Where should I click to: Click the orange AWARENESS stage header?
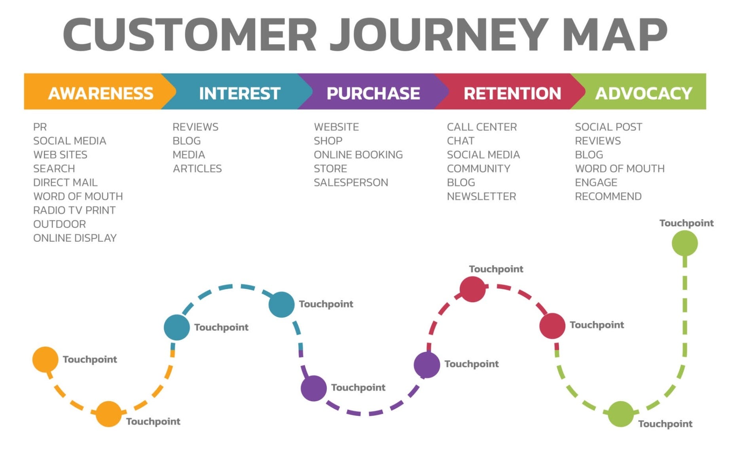click(x=100, y=93)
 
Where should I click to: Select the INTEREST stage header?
click(x=239, y=93)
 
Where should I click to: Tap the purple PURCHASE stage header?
click(x=373, y=93)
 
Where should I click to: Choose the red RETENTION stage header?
click(x=512, y=93)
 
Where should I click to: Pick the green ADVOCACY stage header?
click(x=643, y=93)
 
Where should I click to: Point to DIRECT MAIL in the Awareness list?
click(x=65, y=182)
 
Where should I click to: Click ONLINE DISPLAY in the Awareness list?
click(x=75, y=238)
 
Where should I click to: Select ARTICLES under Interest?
click(x=197, y=169)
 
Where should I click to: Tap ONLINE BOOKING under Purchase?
click(x=358, y=155)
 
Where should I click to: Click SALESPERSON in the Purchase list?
click(x=351, y=182)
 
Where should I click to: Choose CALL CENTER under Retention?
click(x=481, y=127)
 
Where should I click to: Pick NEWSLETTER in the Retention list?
click(x=481, y=196)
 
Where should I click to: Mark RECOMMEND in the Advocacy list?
click(x=608, y=196)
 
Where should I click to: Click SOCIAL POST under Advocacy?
click(x=608, y=127)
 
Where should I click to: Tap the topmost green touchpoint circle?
click(x=684, y=243)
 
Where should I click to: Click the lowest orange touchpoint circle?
click(x=108, y=414)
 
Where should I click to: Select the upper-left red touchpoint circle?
click(x=472, y=289)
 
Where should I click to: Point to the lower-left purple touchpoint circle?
click(x=313, y=388)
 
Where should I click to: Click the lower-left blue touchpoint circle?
click(x=176, y=327)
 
